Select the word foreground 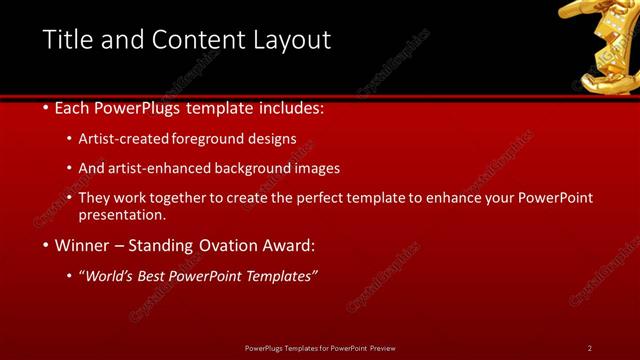211,139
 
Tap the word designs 274,139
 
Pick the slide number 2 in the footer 589,348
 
